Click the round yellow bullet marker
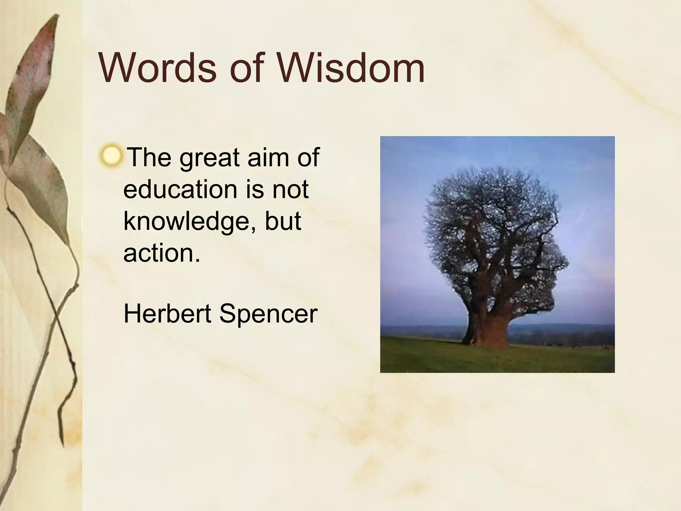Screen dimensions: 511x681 (x=111, y=156)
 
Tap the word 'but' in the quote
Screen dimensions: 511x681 (x=283, y=221)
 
